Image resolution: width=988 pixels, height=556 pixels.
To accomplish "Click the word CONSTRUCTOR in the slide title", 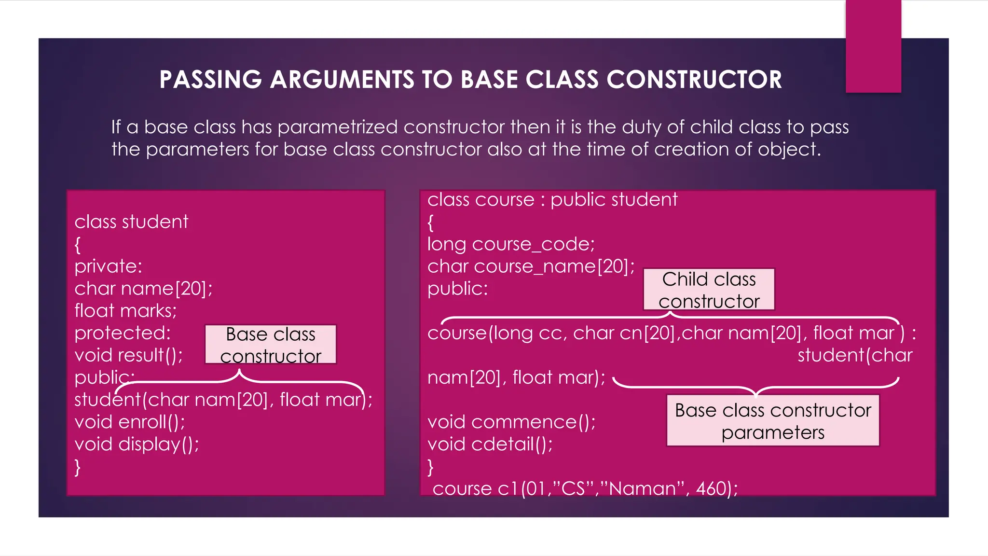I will (x=694, y=80).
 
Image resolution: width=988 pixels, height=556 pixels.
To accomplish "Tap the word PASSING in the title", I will (x=210, y=80).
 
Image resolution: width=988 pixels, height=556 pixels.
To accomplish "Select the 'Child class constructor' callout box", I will (x=709, y=290).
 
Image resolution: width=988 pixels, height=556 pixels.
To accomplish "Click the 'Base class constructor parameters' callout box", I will (x=772, y=421).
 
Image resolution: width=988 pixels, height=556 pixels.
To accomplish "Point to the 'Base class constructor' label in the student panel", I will (x=270, y=345).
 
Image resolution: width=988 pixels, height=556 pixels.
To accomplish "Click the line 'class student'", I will (x=131, y=222).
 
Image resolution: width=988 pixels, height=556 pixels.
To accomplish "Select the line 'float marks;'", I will (x=125, y=311).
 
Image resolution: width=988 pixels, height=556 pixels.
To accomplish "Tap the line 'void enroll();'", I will (x=129, y=422).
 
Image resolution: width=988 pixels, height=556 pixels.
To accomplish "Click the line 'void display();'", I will (x=137, y=445).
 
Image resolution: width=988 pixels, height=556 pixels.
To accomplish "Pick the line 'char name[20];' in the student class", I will (x=143, y=289).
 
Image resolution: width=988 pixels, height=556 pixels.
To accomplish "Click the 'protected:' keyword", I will (x=123, y=333).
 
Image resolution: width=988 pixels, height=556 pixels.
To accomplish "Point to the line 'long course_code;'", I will (x=511, y=244).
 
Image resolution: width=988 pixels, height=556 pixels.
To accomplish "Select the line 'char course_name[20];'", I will (x=531, y=266).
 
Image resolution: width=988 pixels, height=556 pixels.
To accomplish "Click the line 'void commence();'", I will (x=511, y=422).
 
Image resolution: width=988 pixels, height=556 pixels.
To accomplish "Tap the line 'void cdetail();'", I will (x=490, y=445).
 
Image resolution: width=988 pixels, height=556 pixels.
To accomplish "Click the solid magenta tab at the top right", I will (x=873, y=46).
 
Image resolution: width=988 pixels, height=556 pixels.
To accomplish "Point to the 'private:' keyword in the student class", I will (x=108, y=266).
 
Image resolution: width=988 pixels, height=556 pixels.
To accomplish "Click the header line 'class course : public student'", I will (x=552, y=200).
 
